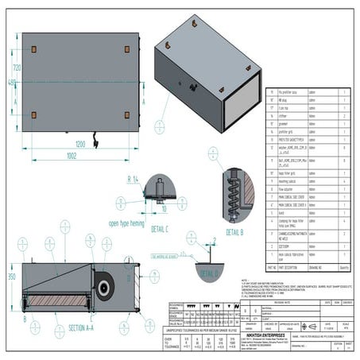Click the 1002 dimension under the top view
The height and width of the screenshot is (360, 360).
click(74, 157)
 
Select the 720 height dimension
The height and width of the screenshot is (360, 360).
click(15, 70)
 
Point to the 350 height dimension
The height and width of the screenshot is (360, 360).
click(11, 277)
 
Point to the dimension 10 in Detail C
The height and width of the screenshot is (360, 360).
click(163, 210)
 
